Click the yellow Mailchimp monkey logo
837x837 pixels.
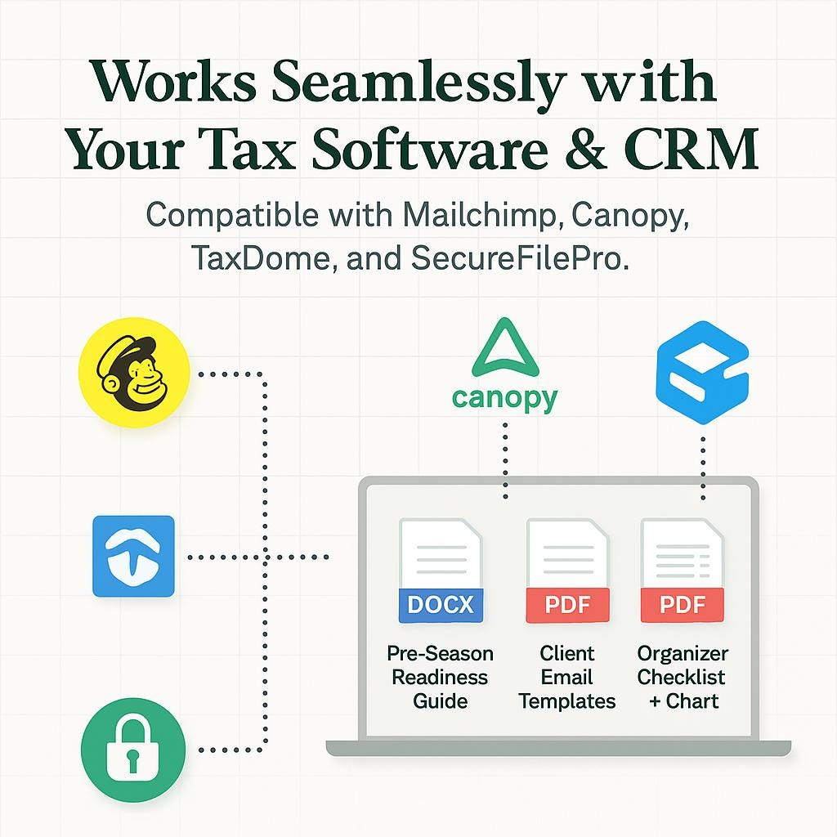tap(134, 373)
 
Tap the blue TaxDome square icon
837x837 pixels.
tap(134, 556)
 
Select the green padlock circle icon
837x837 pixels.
tap(133, 747)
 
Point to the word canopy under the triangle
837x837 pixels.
tap(504, 398)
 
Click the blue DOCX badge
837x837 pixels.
tap(441, 604)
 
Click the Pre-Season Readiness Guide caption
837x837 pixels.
tap(440, 677)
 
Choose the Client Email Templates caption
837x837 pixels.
tap(567, 677)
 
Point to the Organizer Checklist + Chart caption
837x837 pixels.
tap(683, 677)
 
